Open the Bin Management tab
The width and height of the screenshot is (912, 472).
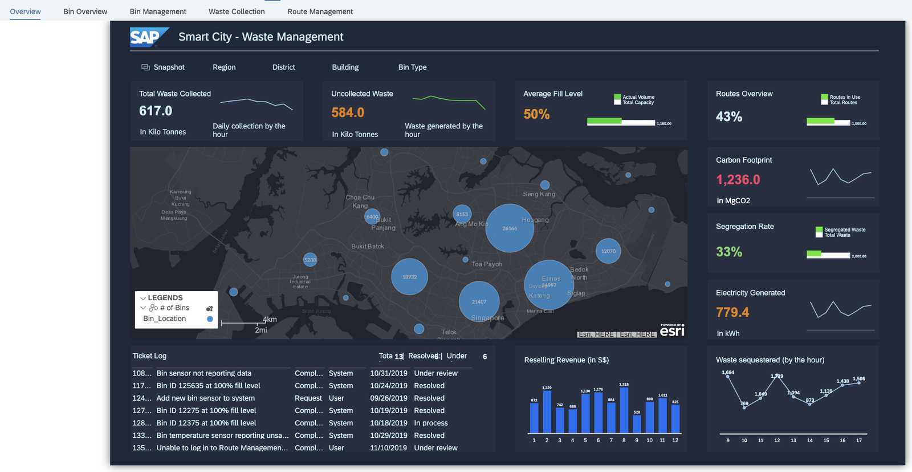point(158,11)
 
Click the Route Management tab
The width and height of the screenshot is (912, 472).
point(320,11)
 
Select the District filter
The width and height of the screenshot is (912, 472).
point(283,67)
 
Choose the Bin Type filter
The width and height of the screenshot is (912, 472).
point(412,67)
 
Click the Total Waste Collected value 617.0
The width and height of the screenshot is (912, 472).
point(156,111)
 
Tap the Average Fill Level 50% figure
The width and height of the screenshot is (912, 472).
point(536,114)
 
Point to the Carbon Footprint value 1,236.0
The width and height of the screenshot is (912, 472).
point(738,180)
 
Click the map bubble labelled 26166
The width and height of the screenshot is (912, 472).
point(510,228)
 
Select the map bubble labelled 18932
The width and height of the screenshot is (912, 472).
point(409,277)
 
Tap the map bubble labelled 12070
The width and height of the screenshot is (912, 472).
point(608,251)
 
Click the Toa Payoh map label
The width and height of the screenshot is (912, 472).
point(487,264)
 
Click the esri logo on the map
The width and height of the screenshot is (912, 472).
point(672,330)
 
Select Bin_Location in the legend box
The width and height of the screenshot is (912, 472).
point(165,318)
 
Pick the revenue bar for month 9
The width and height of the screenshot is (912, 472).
point(637,423)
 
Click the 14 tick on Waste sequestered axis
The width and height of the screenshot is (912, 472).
point(809,440)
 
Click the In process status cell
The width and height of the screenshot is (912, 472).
point(431,423)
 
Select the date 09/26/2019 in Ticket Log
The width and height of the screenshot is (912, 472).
point(389,398)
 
